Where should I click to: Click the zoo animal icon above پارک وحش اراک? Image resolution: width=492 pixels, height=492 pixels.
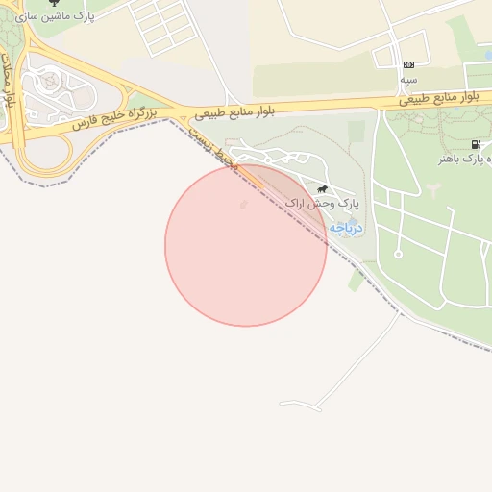coord(323,189)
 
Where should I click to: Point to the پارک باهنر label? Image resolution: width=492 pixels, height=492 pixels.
coord(472,158)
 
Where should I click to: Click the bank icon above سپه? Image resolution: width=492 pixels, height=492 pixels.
coord(409,64)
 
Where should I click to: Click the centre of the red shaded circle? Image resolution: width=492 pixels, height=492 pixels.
coord(246,246)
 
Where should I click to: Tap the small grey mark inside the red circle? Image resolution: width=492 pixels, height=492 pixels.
coord(242,205)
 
